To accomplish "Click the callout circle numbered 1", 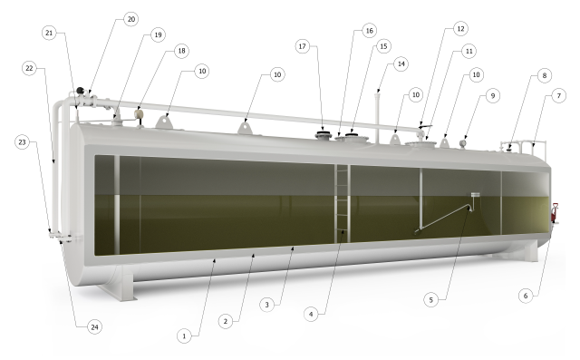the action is [x=184, y=336].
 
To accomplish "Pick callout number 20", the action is [x=131, y=18].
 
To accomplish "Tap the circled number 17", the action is [x=303, y=46].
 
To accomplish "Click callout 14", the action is [x=400, y=64].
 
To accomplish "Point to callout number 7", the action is [x=559, y=95].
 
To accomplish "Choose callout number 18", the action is [x=181, y=51].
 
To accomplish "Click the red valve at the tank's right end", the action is [x=555, y=218].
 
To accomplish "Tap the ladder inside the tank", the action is [x=343, y=204].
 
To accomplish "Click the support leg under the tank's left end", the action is [x=121, y=279].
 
